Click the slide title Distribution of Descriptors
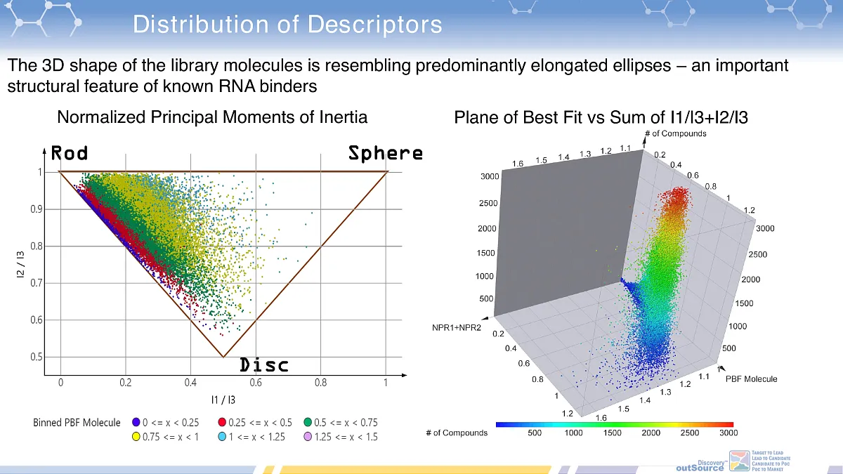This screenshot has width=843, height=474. (287, 25)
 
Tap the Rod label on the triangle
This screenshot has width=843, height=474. (70, 153)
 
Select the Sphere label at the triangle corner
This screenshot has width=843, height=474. (386, 153)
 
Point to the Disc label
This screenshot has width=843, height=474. (264, 365)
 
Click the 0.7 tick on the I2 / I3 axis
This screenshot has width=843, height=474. (37, 283)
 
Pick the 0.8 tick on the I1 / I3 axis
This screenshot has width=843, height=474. (320, 383)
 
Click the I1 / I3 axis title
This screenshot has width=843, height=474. (223, 400)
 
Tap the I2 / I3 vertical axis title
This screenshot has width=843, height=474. (20, 265)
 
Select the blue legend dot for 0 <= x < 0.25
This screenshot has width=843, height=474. (136, 422)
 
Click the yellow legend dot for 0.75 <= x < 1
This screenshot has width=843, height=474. (136, 436)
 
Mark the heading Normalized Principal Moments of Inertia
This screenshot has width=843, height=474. (212, 117)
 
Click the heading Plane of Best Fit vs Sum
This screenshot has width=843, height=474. (601, 117)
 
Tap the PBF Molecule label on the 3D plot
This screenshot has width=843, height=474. (751, 378)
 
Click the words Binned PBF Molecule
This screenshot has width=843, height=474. (77, 423)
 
